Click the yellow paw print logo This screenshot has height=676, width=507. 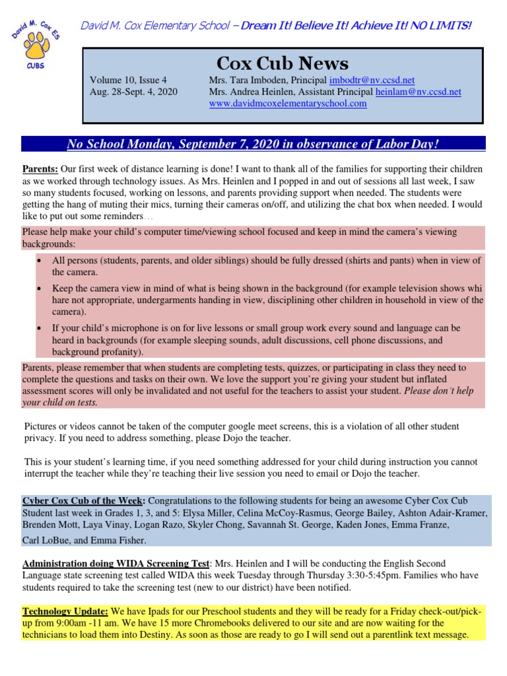pyautogui.click(x=30, y=45)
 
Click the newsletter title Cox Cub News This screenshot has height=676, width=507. pyautogui.click(x=283, y=63)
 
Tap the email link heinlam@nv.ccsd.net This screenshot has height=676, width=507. pyautogui.click(x=418, y=92)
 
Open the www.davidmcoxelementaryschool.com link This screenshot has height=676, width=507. pyautogui.click(x=287, y=104)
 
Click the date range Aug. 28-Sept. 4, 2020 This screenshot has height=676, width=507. pyautogui.click(x=133, y=92)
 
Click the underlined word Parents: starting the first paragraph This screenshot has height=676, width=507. pyautogui.click(x=40, y=169)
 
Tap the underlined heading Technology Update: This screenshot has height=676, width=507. pyautogui.click(x=65, y=611)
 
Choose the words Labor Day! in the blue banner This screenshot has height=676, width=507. pyautogui.click(x=411, y=144)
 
